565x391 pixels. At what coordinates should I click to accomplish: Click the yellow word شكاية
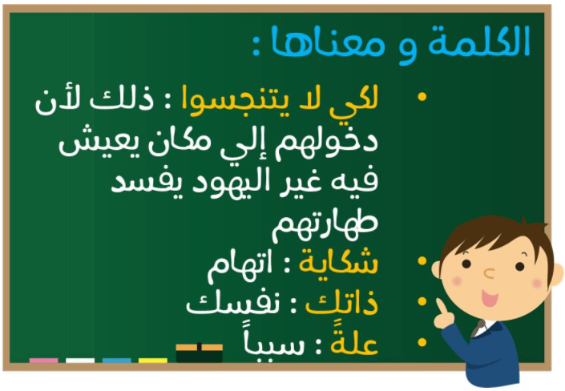pyautogui.click(x=338, y=262)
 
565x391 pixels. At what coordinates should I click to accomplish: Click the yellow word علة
pyautogui.click(x=354, y=341)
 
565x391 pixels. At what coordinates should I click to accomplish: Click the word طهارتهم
pyautogui.click(x=325, y=224)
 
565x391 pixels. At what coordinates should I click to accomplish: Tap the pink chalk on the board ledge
pyautogui.click(x=43, y=361)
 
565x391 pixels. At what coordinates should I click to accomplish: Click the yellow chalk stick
pyautogui.click(x=153, y=361)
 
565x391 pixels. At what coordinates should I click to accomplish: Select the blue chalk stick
pyautogui.click(x=116, y=361)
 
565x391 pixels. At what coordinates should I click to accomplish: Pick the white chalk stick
pyautogui.click(x=80, y=361)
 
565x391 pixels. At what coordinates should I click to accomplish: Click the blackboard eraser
pyautogui.click(x=199, y=353)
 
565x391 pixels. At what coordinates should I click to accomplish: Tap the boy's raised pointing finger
pyautogui.click(x=441, y=306)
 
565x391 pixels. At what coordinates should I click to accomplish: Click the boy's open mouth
pyautogui.click(x=490, y=298)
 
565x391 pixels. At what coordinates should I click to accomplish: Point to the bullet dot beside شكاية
pyautogui.click(x=422, y=260)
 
